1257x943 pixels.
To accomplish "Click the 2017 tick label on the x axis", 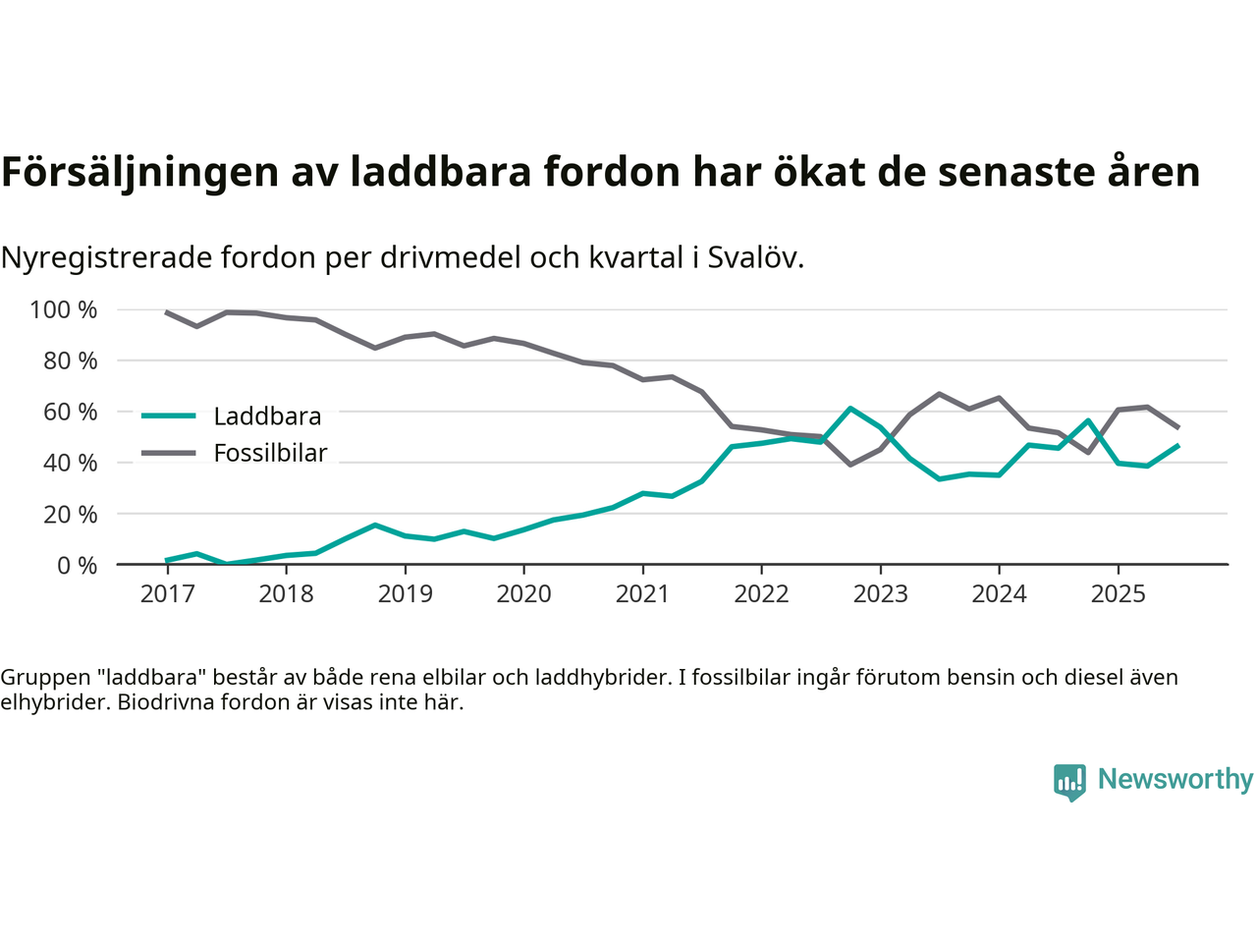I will pyautogui.click(x=167, y=594).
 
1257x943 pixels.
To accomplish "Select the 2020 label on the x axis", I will pyautogui.click(x=523, y=594).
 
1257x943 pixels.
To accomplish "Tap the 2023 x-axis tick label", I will pyautogui.click(x=880, y=594).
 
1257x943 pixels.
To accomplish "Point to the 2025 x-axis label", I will pyautogui.click(x=1118, y=594).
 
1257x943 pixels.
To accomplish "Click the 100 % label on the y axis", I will pyautogui.click(x=64, y=310).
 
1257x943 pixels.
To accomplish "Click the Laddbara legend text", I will pyautogui.click(x=267, y=416).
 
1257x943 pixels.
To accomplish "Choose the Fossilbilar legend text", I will pyautogui.click(x=270, y=454).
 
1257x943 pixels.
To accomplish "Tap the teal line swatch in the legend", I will pyautogui.click(x=169, y=416).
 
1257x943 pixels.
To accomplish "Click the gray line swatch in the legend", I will pyautogui.click(x=169, y=453).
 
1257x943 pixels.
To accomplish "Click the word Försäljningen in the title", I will pyautogui.click(x=139, y=172).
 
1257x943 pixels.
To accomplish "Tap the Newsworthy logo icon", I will pyautogui.click(x=1069, y=782).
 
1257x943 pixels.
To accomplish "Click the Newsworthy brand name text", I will pyautogui.click(x=1175, y=780).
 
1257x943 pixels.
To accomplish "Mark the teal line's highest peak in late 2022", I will pyautogui.click(x=850, y=408).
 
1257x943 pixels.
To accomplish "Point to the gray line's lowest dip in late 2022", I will pyautogui.click(x=850, y=464).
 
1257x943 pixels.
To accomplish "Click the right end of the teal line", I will pyautogui.click(x=1177, y=446).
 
